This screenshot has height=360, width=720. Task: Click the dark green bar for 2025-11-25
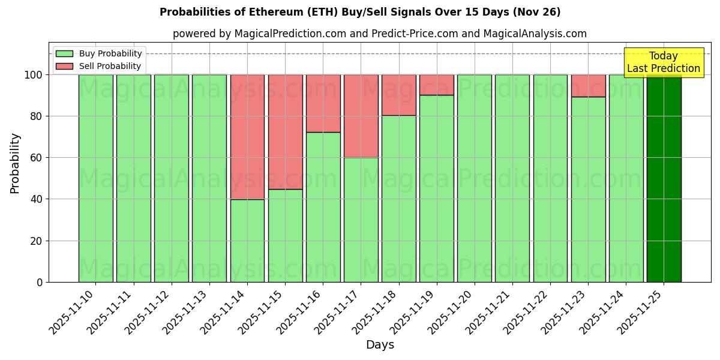tap(664, 180)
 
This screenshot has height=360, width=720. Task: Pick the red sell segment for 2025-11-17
tap(361, 116)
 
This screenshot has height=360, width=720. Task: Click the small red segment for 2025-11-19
tap(436, 85)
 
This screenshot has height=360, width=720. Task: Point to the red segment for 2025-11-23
tap(588, 85)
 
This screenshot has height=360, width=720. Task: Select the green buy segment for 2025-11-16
tap(323, 207)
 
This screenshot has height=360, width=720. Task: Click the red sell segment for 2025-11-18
tap(398, 95)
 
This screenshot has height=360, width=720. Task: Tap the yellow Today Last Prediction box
tap(663, 62)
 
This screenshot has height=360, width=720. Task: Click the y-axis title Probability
tap(15, 163)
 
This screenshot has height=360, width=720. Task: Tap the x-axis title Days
tap(380, 345)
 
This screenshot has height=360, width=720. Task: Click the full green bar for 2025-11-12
tap(171, 180)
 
